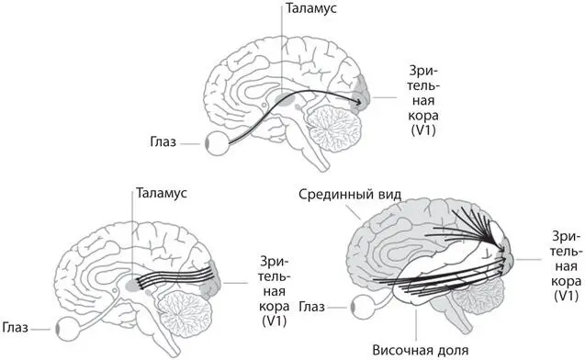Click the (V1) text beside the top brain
click(x=407, y=133)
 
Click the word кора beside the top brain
click(x=407, y=117)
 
